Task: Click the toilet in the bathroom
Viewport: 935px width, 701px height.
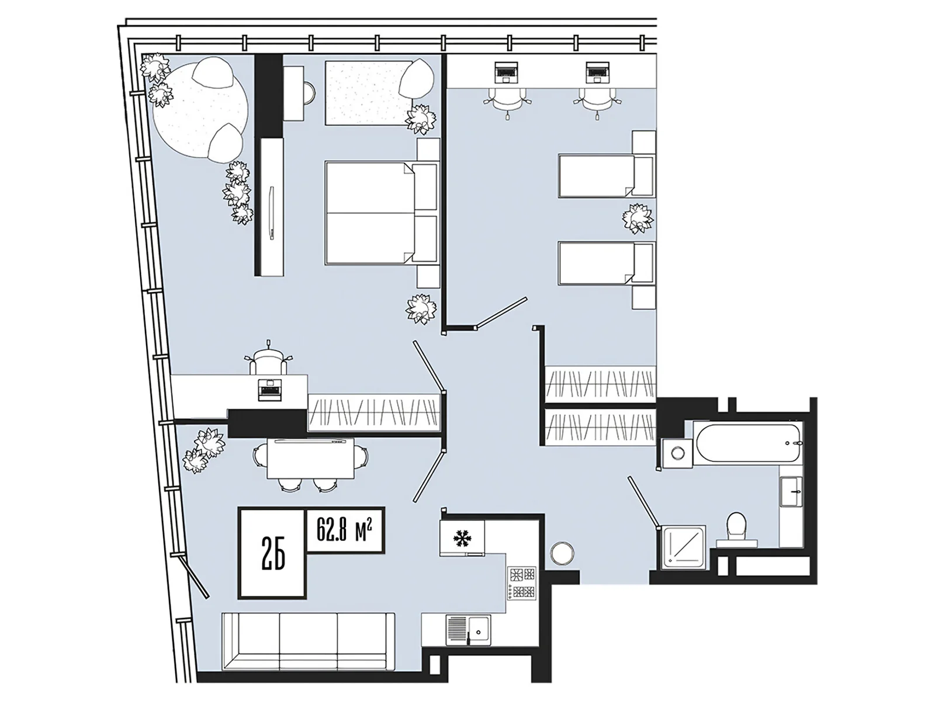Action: click(x=736, y=530)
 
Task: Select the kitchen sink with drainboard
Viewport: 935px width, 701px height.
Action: click(x=468, y=630)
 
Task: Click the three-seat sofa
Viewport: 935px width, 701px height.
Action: click(x=308, y=641)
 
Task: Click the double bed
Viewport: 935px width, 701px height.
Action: click(x=382, y=213)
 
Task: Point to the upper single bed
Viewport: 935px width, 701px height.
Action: click(x=607, y=176)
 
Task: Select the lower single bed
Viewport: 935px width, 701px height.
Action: click(x=607, y=263)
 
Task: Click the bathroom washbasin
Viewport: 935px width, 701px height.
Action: click(x=791, y=492)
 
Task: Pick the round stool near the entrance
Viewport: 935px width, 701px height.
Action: click(x=562, y=554)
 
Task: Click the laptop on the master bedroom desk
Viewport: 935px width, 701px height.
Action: click(x=269, y=390)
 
